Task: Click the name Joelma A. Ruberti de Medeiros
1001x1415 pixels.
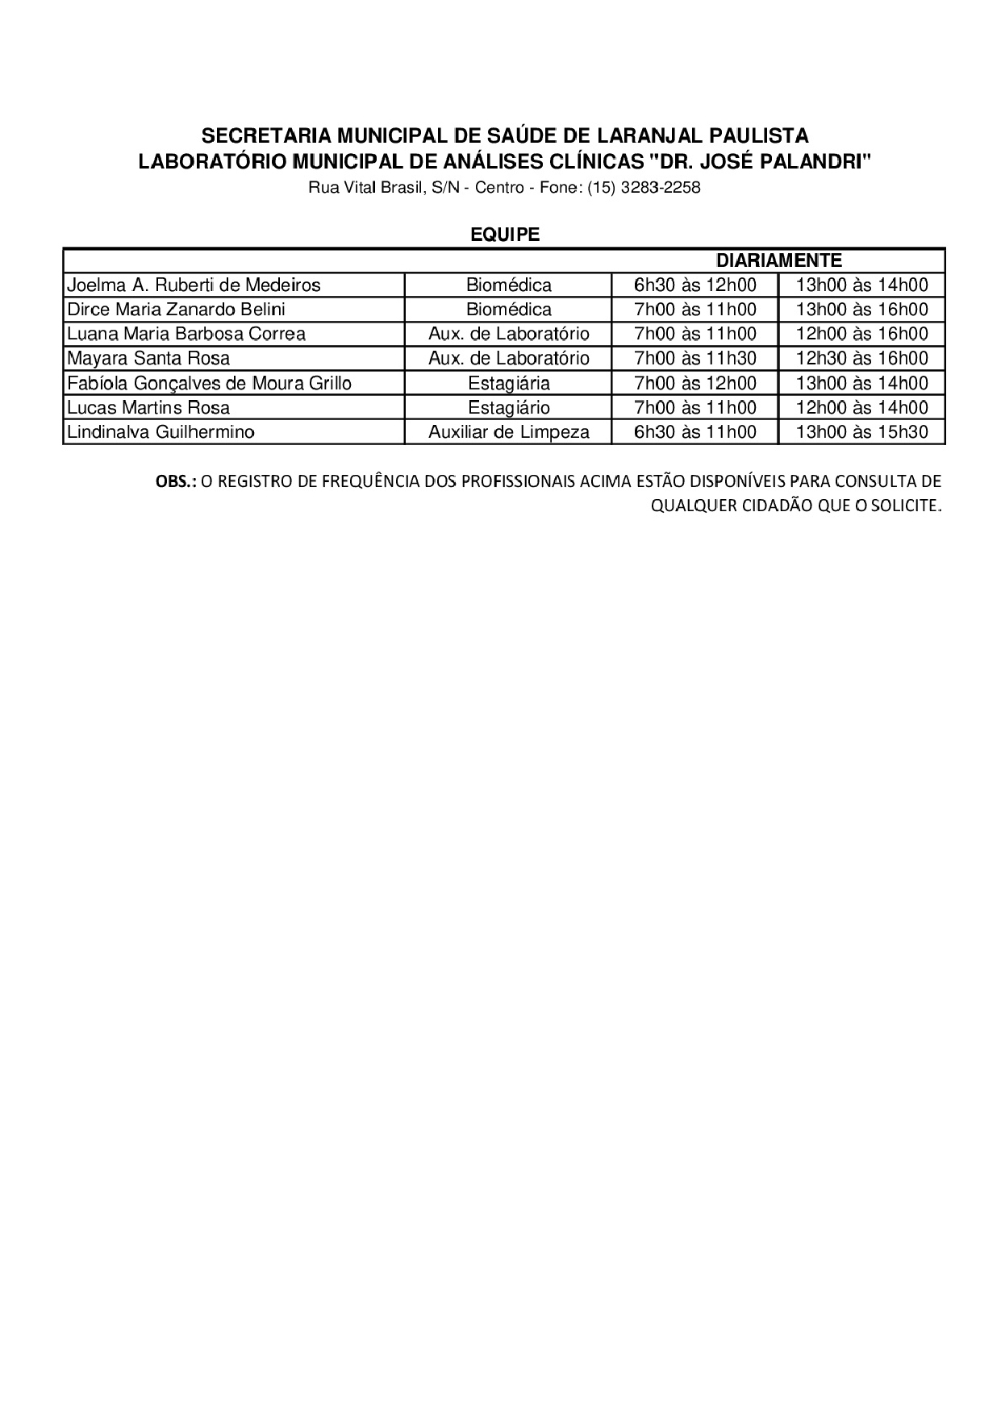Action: pyautogui.click(x=194, y=285)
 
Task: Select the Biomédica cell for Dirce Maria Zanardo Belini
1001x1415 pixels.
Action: pyautogui.click(x=508, y=310)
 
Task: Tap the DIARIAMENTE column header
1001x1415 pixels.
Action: pyautogui.click(x=778, y=260)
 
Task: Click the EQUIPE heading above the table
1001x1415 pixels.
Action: pyautogui.click(x=505, y=235)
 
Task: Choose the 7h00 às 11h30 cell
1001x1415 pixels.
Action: pyautogui.click(x=695, y=359)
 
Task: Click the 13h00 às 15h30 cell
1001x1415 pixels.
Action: pyautogui.click(x=861, y=432)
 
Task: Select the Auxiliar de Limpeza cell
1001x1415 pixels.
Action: pyautogui.click(x=508, y=432)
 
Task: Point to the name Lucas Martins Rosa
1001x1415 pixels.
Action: pyautogui.click(x=148, y=408)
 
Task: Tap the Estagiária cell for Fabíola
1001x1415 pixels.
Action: pyautogui.click(x=508, y=383)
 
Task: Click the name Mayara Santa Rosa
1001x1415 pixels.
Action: pyautogui.click(x=148, y=359)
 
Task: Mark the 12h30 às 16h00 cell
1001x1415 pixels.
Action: pyautogui.click(x=861, y=359)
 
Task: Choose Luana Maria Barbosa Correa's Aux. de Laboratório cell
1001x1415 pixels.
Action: pyautogui.click(x=508, y=334)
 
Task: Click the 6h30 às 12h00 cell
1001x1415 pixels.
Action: pyautogui.click(x=695, y=285)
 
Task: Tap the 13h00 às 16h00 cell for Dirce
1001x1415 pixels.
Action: pyautogui.click(x=861, y=310)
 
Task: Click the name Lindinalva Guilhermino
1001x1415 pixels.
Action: pyautogui.click(x=161, y=432)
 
